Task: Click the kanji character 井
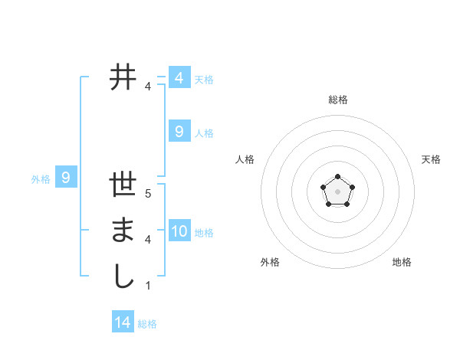coord(123,77)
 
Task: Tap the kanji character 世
coord(123,185)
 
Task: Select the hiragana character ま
coord(123,231)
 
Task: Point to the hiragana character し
coord(123,276)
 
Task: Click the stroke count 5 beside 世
coord(148,194)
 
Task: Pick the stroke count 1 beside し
coord(148,285)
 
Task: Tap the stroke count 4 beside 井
coord(148,86)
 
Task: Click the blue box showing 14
coord(123,322)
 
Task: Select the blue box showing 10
coord(179,231)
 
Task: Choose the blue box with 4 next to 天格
coord(179,78)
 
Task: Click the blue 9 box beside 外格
coord(66,178)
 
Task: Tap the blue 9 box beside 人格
coord(179,132)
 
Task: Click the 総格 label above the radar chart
coord(337,100)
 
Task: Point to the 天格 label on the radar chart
coord(431,159)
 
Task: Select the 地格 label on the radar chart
coord(402,262)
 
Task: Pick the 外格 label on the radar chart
coord(270,262)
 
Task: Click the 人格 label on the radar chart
coord(245,159)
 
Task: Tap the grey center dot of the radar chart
coord(337,191)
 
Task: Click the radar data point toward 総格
coord(337,177)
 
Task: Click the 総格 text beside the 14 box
coord(147,324)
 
